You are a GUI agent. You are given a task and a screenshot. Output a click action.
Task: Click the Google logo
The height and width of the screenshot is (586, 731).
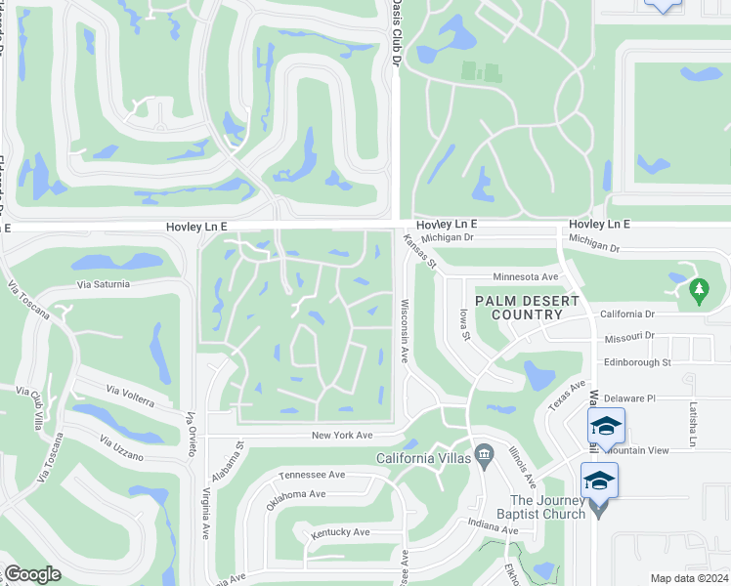point(32,574)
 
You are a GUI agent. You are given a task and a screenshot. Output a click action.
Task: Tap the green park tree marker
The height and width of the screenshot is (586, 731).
point(698,289)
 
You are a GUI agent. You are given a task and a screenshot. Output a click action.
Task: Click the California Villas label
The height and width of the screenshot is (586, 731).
point(423,458)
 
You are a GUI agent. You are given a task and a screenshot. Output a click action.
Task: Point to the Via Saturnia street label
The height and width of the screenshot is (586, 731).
point(109,284)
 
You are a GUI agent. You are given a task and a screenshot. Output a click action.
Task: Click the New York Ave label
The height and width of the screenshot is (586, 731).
point(342,436)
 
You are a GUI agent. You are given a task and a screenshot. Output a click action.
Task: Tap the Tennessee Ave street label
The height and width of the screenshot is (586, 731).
point(312,475)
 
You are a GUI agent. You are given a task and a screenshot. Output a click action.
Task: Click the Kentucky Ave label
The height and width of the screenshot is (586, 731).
point(340,532)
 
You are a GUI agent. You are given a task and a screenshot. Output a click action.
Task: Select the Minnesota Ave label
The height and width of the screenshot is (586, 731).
point(525,277)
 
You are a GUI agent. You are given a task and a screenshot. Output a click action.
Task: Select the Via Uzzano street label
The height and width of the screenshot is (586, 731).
point(121,450)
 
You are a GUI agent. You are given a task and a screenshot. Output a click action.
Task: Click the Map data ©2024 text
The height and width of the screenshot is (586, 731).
point(688,578)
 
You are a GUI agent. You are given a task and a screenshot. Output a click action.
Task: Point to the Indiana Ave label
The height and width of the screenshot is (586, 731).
point(492,527)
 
